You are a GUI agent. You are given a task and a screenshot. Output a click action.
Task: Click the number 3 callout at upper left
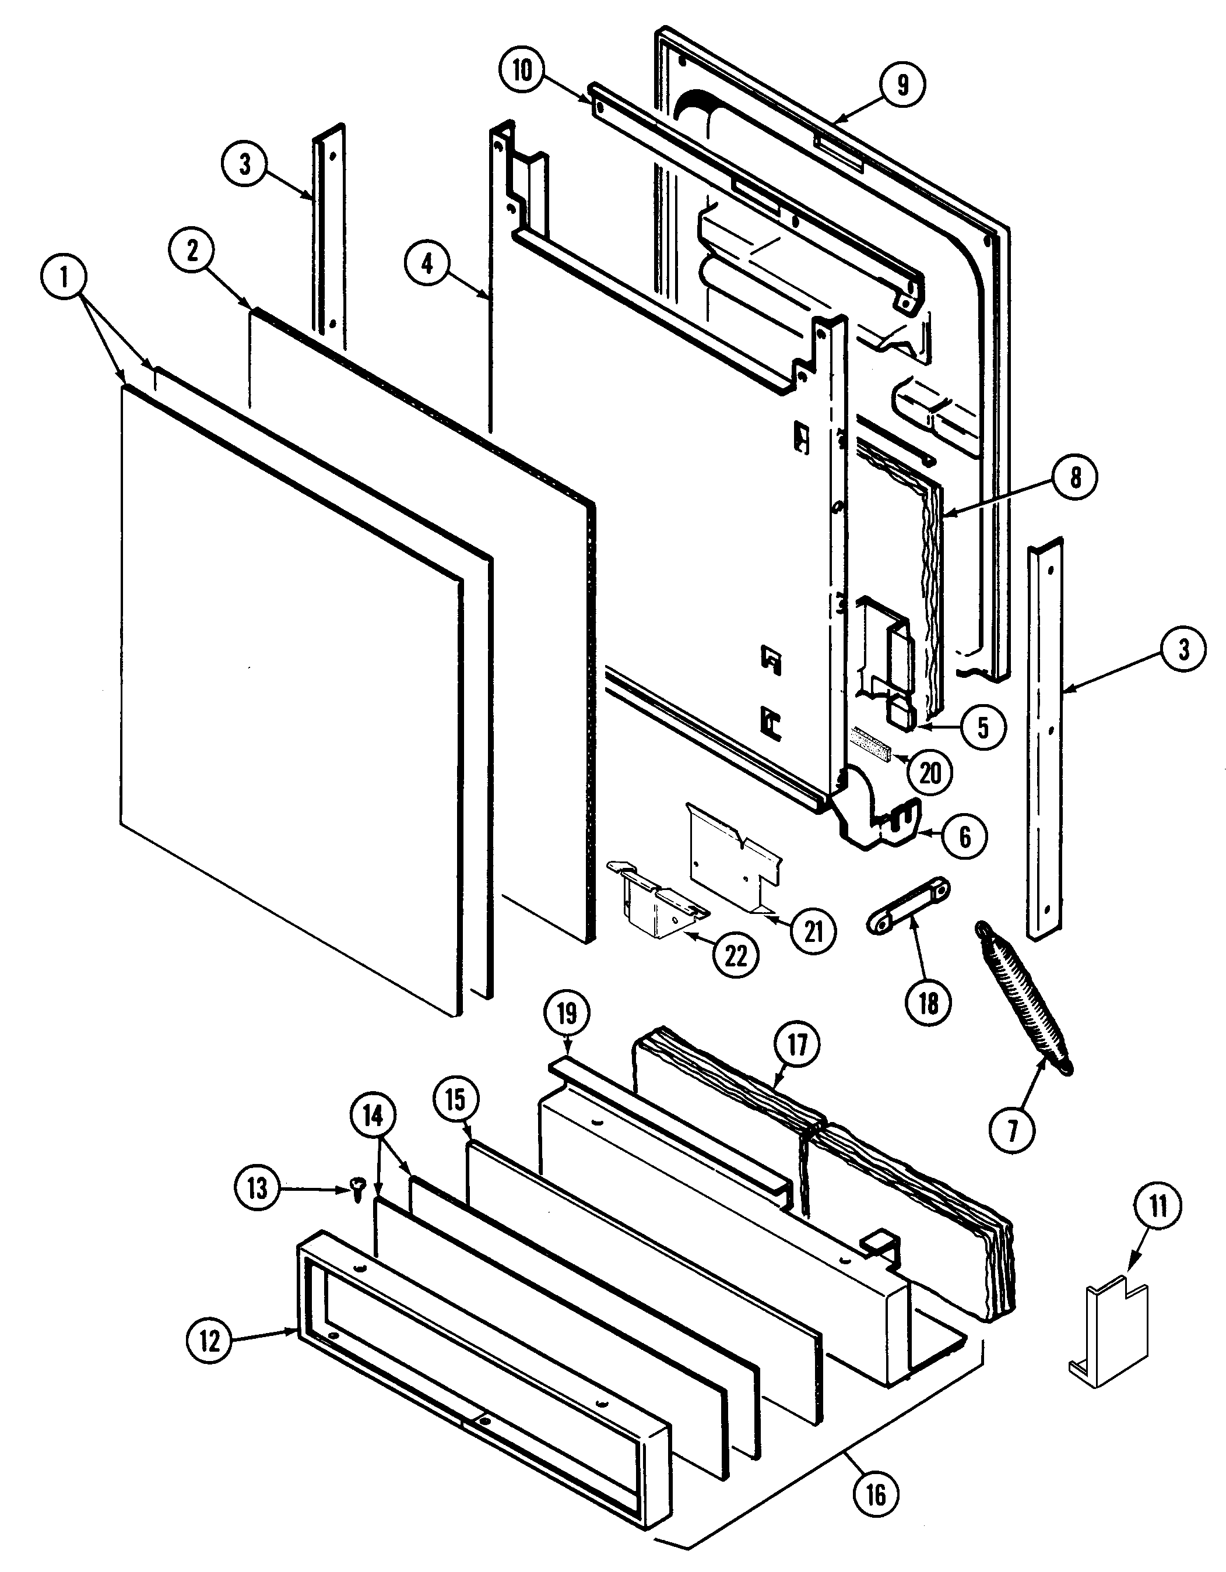coord(245,164)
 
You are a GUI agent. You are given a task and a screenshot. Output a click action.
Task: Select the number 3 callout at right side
coord(1183,649)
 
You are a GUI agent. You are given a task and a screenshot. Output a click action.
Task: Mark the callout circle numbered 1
coord(65,277)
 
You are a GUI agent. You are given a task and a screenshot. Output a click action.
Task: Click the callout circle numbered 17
coord(798,1045)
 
